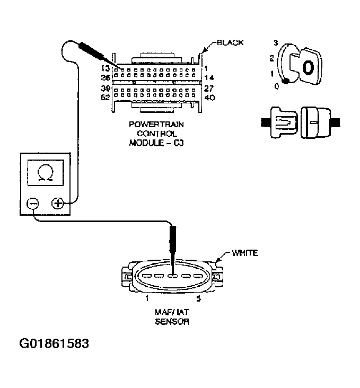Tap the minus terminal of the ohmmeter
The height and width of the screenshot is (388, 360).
(x=32, y=203)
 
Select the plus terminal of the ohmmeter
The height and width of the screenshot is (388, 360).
(x=57, y=203)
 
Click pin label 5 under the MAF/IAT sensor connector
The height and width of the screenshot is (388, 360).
(x=199, y=299)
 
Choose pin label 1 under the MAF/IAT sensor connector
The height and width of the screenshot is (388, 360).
(x=146, y=299)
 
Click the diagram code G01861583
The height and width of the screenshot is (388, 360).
(x=54, y=343)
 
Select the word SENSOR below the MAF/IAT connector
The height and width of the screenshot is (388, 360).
(x=172, y=322)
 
